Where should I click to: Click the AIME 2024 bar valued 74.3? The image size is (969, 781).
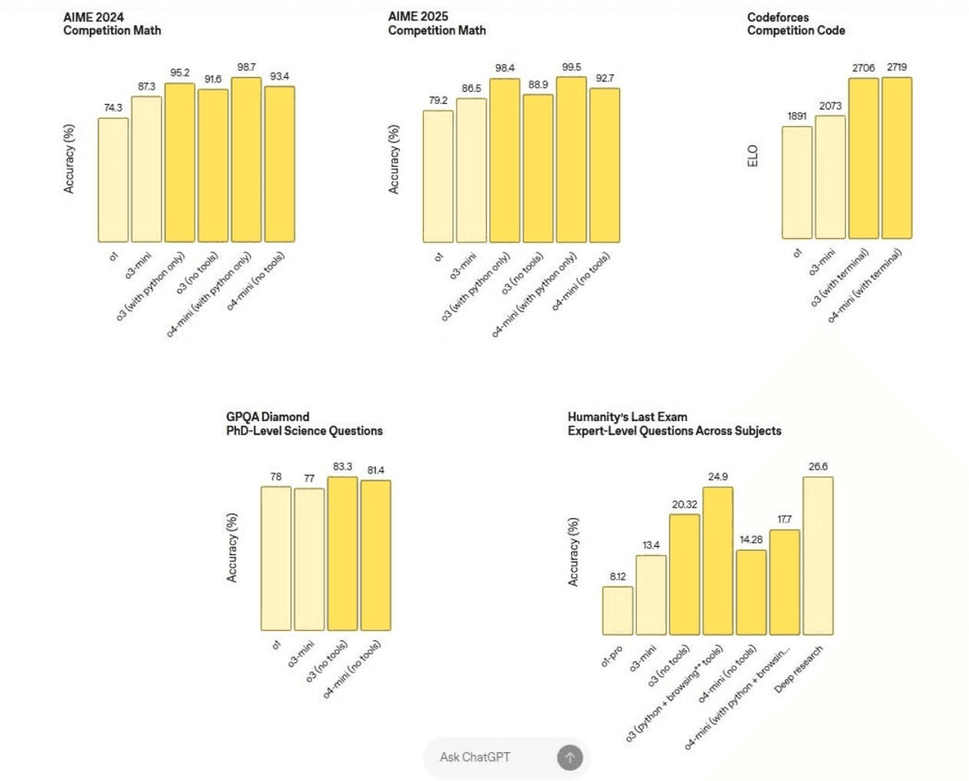point(113,179)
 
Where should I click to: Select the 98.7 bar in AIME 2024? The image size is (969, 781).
point(246,159)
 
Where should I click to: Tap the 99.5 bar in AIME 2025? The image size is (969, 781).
point(571,159)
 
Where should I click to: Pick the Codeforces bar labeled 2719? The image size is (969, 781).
point(896,158)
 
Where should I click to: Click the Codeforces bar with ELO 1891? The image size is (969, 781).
point(797,182)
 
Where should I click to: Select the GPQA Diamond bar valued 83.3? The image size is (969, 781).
point(342,553)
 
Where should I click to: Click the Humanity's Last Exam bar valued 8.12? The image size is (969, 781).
point(618,610)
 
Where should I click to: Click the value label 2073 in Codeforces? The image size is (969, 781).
point(830,105)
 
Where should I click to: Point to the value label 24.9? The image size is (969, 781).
point(718,477)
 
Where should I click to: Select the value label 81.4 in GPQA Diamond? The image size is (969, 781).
point(375,470)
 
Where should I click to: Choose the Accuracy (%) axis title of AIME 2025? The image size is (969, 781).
point(395,159)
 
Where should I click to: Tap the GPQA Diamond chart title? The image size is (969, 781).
point(304,424)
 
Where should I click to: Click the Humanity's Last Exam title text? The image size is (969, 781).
point(674,424)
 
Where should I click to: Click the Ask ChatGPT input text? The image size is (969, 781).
point(475,757)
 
